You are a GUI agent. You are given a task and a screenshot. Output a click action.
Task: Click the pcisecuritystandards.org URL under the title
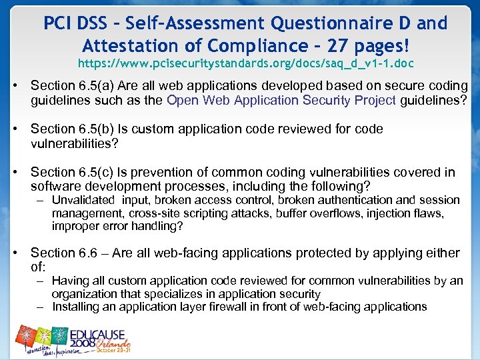pos(245,65)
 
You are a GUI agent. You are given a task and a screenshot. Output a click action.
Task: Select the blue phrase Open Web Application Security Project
pos(281,100)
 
